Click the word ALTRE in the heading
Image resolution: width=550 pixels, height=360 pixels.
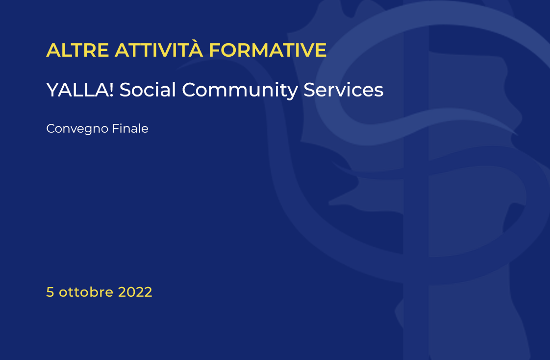click(x=77, y=50)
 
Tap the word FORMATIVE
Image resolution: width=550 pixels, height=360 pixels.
click(x=268, y=50)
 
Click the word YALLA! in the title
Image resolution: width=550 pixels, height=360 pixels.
click(x=79, y=90)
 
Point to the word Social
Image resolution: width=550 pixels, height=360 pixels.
click(x=148, y=89)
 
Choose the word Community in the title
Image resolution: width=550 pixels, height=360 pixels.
click(x=240, y=91)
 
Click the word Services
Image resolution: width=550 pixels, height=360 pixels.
click(x=344, y=90)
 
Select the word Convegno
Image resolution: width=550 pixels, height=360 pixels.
click(x=77, y=129)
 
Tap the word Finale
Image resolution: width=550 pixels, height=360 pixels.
click(x=130, y=128)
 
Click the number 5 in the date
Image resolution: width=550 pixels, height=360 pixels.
click(x=50, y=292)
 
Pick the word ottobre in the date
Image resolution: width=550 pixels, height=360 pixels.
click(x=86, y=291)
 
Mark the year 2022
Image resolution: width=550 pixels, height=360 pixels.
click(x=135, y=292)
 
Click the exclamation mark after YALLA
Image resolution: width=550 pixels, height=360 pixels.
click(x=111, y=90)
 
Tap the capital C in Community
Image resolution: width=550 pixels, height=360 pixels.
click(x=189, y=90)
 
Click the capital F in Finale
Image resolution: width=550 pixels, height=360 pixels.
click(x=115, y=128)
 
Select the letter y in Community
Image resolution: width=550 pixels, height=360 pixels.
click(x=292, y=93)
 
